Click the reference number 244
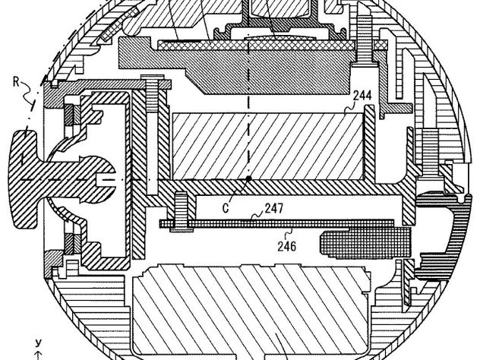tap(362, 96)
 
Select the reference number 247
tap(274, 208)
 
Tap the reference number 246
tap(287, 246)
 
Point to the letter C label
tap(226, 208)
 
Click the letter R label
tap(17, 82)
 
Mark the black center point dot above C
tap(248, 178)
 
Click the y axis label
tap(38, 343)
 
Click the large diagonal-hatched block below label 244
tap(267, 147)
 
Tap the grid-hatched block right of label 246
tap(365, 242)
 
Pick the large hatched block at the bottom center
tap(251, 309)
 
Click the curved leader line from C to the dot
tap(238, 190)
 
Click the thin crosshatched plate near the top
tap(256, 46)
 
